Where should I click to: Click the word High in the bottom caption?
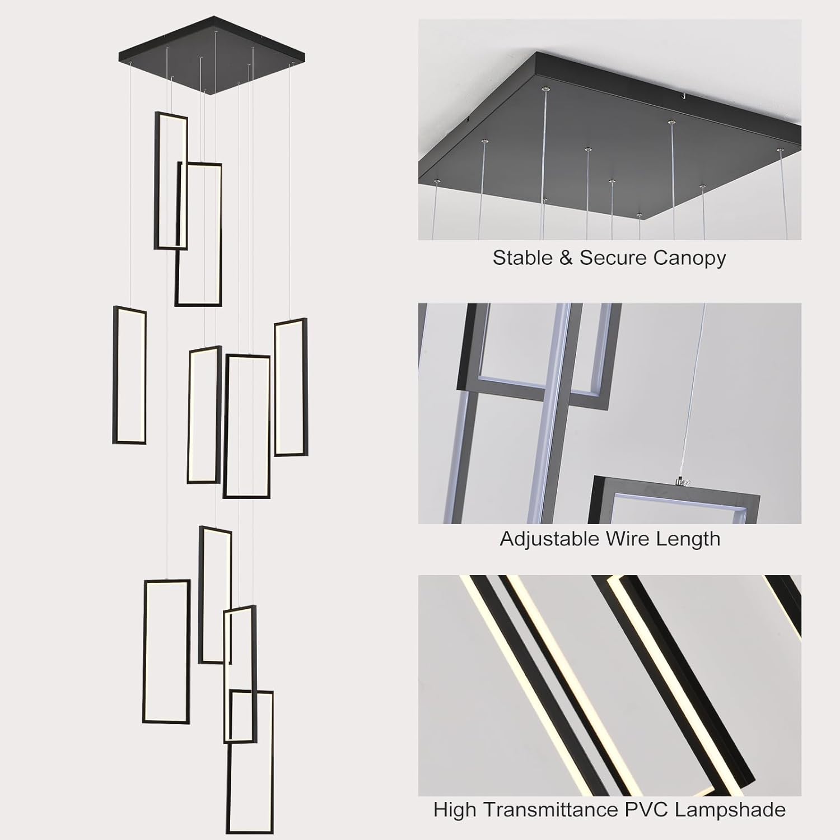tap(455, 810)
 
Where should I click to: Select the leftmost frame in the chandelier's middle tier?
tap(115, 375)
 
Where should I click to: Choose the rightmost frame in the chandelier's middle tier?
tap(305, 386)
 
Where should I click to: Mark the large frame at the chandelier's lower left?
tap(144, 651)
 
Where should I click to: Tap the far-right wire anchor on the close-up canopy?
tap(780, 150)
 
